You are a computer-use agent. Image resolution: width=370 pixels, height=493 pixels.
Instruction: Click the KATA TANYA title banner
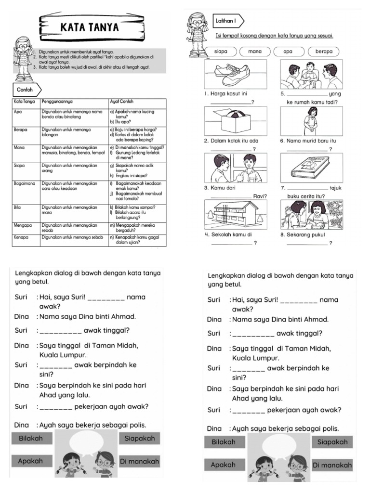click(89, 27)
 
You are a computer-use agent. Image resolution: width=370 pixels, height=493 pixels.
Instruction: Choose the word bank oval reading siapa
click(222, 52)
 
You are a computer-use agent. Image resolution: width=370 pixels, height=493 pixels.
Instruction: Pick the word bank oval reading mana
click(254, 52)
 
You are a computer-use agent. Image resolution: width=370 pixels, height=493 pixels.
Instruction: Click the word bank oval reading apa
click(287, 52)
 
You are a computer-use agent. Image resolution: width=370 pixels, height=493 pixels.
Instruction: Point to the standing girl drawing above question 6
click(311, 120)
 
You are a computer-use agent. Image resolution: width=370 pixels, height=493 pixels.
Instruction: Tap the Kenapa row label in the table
click(22, 237)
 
